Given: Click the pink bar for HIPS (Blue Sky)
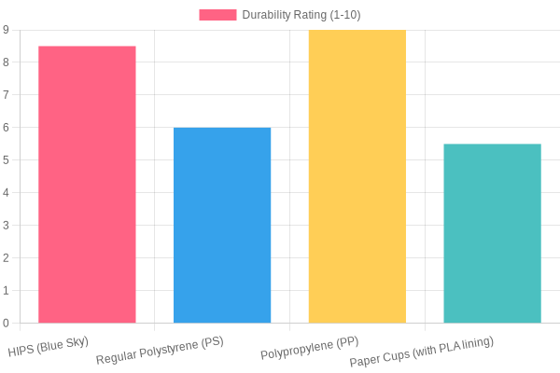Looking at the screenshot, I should point(87,185).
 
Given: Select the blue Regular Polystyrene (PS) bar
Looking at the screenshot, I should point(222,226).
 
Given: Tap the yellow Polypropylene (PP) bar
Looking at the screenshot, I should point(357,176).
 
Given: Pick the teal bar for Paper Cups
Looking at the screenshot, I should point(492,233).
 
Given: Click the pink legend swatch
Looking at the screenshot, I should point(217,15).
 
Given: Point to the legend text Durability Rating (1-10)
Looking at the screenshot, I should point(301,15).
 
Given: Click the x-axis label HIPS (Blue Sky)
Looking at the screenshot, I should point(49,348).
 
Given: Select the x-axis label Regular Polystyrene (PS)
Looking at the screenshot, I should point(160,351).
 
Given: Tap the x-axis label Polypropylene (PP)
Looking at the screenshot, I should point(309,348).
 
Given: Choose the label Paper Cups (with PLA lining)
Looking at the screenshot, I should point(421,352).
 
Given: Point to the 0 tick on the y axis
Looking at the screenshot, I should point(6,324).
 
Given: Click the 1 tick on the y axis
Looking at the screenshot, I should point(6,291).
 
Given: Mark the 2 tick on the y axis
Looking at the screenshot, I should point(6,258).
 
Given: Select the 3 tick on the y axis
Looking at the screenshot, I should point(6,226).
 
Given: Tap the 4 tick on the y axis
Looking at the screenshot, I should point(6,193).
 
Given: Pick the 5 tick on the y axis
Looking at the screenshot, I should point(6,160).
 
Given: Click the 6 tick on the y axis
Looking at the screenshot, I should point(6,128).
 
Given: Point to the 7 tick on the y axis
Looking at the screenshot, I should point(6,95).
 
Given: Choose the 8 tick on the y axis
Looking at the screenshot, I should point(6,62).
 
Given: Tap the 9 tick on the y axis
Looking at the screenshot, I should point(6,30).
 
